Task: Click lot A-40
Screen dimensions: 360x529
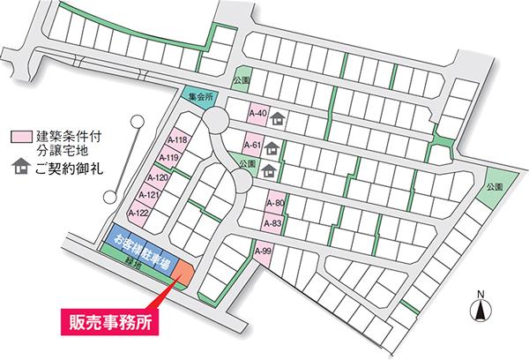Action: click(x=257, y=114)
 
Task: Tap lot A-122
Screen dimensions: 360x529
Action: click(x=138, y=213)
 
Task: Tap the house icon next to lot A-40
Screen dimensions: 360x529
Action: click(x=278, y=115)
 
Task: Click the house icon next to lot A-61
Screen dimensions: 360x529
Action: click(x=272, y=147)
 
